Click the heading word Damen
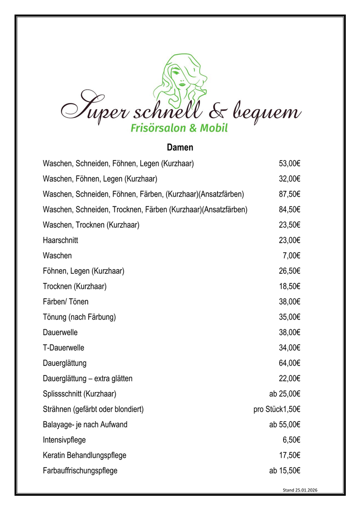click(x=180, y=147)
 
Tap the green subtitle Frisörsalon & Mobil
click(x=179, y=128)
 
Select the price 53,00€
click(x=290, y=163)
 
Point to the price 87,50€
click(x=290, y=194)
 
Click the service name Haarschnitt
click(x=60, y=240)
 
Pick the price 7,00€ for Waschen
click(x=292, y=255)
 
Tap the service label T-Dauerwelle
click(x=63, y=348)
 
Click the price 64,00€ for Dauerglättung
click(x=290, y=363)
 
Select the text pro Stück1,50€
click(x=277, y=409)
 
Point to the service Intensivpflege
click(x=64, y=440)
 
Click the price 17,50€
click(x=290, y=455)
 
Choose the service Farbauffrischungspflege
click(x=80, y=471)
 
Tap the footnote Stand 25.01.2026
click(x=300, y=491)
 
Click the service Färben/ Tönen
click(x=66, y=302)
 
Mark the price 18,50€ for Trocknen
click(x=290, y=286)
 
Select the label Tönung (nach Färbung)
click(x=79, y=317)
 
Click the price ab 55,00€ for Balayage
click(x=285, y=425)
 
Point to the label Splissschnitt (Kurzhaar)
click(x=79, y=394)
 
